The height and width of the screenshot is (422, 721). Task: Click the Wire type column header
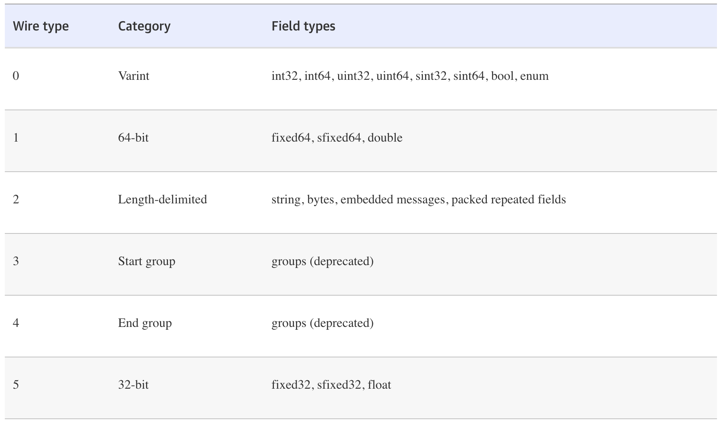coord(41,26)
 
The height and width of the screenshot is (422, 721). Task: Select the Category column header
coord(144,26)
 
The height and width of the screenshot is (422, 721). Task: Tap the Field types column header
coord(303,26)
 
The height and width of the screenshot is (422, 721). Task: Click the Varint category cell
coord(134,76)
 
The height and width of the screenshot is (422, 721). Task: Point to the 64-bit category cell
coord(133,138)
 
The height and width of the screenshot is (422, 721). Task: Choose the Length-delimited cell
coord(162,199)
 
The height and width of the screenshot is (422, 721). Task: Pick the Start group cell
coord(146,261)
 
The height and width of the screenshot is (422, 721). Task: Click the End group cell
coord(145,323)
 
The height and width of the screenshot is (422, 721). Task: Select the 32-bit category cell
coord(133,385)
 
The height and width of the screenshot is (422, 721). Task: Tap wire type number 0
coord(16,76)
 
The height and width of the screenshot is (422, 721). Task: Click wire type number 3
coord(16,261)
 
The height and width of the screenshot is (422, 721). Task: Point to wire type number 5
coord(16,385)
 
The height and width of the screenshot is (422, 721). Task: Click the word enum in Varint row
coord(534,76)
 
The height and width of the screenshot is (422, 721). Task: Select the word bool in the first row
coord(502,76)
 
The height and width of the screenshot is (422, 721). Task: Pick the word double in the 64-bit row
coord(385,138)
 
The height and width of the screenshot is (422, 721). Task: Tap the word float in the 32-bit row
coord(379,385)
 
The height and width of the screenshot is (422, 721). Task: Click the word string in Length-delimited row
coord(286,199)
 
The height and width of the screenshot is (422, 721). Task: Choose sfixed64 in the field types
coord(339,138)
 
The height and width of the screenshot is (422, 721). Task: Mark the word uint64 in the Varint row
coord(392,76)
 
